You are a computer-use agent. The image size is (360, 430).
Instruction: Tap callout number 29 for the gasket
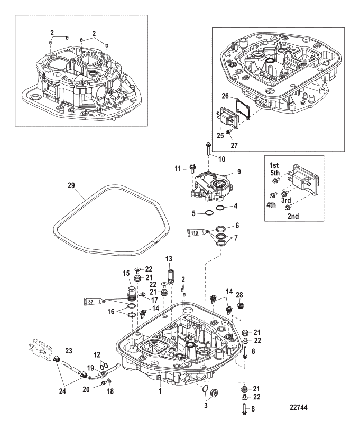[x=71, y=185]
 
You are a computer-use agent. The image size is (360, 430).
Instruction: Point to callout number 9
[x=239, y=172]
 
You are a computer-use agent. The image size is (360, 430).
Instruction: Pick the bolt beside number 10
[x=208, y=149]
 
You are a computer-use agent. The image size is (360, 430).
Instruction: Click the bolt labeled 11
[x=192, y=167]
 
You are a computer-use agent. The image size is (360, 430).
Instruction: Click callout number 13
[x=169, y=259]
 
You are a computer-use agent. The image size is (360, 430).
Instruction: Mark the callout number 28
[x=239, y=295]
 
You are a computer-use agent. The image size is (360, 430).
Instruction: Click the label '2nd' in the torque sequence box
[x=293, y=216]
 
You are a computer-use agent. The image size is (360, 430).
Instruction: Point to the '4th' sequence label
[x=271, y=205]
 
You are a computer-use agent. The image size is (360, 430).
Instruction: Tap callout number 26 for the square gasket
[x=225, y=96]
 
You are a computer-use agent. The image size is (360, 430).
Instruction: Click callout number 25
[x=220, y=135]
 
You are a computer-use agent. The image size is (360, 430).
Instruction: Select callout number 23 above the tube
[x=68, y=350]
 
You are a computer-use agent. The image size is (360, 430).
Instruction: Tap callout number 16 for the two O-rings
[x=111, y=312]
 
